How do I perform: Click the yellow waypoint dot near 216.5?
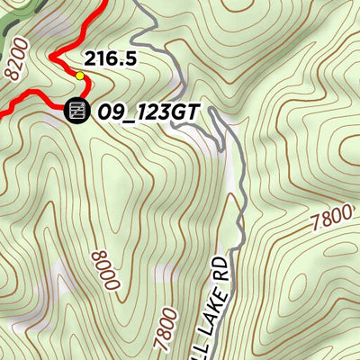click(80, 76)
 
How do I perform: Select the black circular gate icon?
click(76, 110)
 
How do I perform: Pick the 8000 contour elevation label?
click(104, 267)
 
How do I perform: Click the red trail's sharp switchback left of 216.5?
click(51, 58)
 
